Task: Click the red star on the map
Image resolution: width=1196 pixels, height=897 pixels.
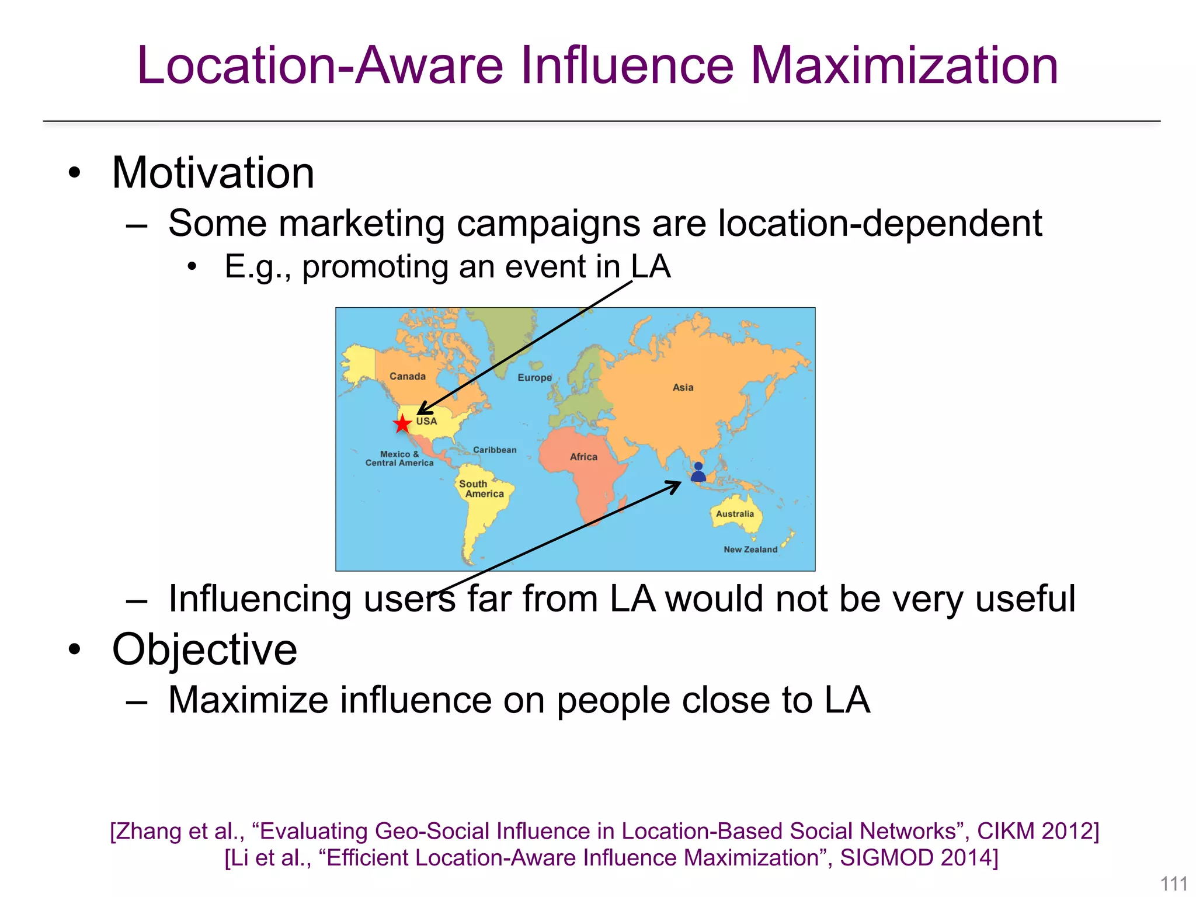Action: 402,423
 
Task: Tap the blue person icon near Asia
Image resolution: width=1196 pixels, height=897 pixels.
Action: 698,472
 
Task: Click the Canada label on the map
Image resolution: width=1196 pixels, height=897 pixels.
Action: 408,377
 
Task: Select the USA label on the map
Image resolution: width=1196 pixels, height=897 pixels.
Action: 426,421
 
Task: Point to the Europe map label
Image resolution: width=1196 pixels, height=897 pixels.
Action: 534,378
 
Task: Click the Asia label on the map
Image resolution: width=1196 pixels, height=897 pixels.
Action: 683,387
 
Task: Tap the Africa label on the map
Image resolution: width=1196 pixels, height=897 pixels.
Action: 583,457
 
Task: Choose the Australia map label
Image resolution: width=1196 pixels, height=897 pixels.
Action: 735,514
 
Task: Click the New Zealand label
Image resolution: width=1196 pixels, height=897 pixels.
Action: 750,550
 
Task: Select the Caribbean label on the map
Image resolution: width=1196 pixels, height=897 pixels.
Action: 495,450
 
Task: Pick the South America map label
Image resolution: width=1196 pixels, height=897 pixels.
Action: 481,489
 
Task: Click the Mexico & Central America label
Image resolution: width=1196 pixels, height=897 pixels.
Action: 399,458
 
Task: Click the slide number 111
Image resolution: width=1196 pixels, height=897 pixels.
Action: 1173,884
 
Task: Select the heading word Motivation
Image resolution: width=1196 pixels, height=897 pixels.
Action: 213,173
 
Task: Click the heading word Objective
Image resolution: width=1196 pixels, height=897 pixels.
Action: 204,649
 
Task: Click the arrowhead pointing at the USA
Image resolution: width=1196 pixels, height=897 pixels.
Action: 422,411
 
